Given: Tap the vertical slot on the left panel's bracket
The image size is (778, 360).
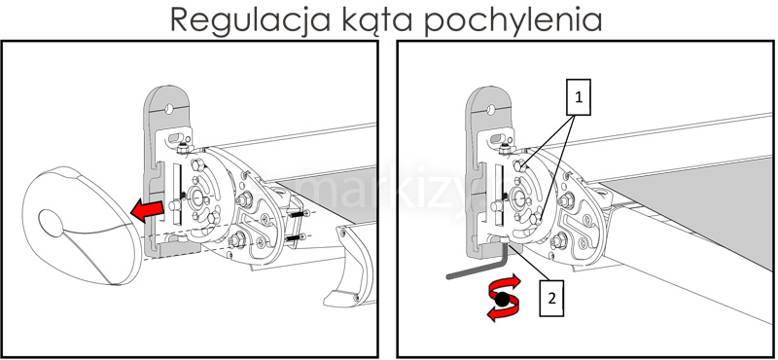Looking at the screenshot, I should tap(177, 199).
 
